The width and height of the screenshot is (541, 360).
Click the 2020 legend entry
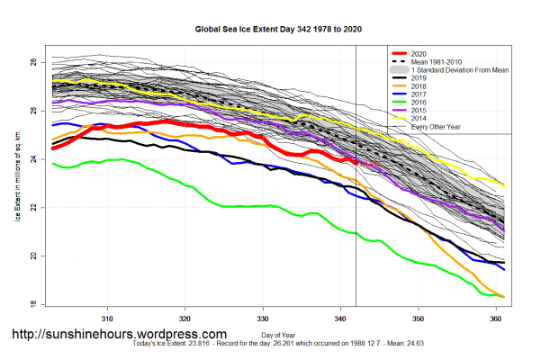click(419, 53)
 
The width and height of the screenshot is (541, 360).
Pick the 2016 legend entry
click(419, 103)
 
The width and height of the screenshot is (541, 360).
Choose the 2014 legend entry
click(419, 119)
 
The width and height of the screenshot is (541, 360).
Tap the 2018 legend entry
click(419, 85)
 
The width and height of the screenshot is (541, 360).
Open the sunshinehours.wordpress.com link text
click(118, 334)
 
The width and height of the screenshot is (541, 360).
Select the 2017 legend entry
click(419, 94)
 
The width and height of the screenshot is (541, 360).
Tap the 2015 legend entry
click(419, 111)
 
